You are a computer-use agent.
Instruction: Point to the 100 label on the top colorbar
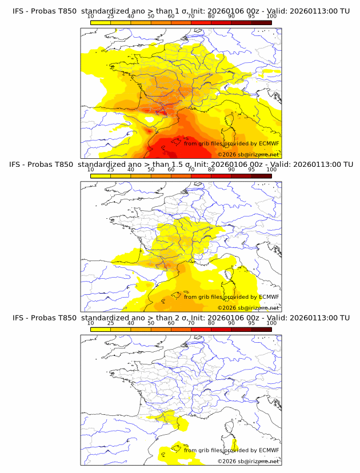[x=271, y=17]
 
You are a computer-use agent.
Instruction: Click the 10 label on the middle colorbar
[x=90, y=170]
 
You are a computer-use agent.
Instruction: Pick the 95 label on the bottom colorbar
[x=251, y=323]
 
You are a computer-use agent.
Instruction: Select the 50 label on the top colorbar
[x=151, y=17]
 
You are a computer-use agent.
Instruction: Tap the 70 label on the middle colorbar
[x=191, y=170]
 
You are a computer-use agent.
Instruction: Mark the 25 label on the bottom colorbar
[x=111, y=323]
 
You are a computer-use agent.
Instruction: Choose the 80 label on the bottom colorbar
[x=211, y=323]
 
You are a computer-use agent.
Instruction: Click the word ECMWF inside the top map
[x=269, y=144]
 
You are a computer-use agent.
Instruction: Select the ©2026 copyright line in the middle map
[x=248, y=308]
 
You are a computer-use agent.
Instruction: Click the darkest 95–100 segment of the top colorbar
[x=262, y=22]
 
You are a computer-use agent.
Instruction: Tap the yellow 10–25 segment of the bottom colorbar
[x=101, y=328]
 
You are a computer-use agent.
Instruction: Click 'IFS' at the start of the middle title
[x=18, y=165]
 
